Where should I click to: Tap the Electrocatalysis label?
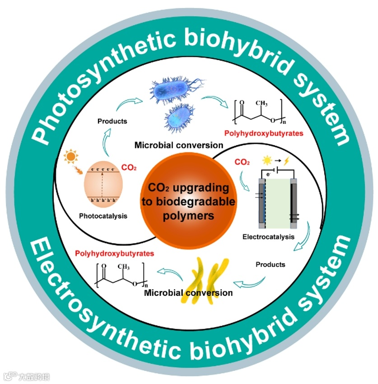[269, 237]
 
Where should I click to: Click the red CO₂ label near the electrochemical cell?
[243, 162]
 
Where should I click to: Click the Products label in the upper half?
[112, 121]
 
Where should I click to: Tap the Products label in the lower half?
[270, 264]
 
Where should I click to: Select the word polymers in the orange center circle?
[189, 216]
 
